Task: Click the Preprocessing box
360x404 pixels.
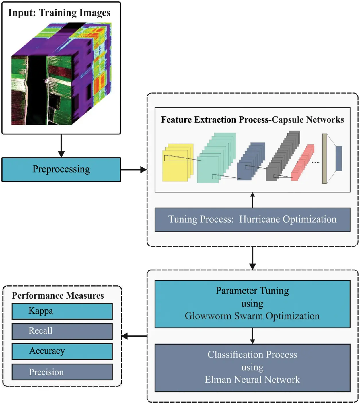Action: [61, 169]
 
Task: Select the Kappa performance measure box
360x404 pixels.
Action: [62, 311]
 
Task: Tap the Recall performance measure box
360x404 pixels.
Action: [62, 331]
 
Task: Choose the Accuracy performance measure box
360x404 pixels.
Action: [62, 351]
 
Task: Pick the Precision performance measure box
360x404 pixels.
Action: [62, 372]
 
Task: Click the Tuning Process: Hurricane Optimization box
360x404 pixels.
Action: [252, 220]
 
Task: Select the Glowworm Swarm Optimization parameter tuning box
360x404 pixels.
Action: [252, 304]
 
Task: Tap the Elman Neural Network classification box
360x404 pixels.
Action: [252, 368]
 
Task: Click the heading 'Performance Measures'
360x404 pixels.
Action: [58, 295]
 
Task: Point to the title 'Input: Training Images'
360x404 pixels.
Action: [59, 13]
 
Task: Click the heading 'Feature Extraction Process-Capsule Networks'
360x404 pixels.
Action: [252, 120]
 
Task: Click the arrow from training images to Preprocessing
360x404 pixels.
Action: [61, 146]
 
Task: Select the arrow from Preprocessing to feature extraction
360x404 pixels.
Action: [134, 170]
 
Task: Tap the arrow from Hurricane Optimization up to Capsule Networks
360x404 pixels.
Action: [252, 200]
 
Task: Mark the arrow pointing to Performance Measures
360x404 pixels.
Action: [134, 336]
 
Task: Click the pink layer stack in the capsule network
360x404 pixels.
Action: [302, 164]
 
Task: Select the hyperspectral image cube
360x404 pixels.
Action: [61, 74]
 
